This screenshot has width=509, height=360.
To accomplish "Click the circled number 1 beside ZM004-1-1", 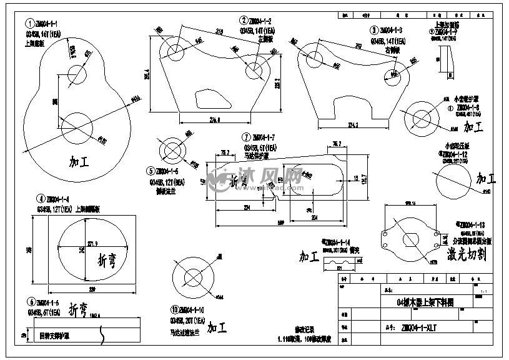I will coord(29,23).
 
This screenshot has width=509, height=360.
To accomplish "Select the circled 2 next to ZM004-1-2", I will coord(243,21).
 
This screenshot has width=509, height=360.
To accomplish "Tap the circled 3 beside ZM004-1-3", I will coord(374,29).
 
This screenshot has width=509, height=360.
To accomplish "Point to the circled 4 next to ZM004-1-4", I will coord(40,199).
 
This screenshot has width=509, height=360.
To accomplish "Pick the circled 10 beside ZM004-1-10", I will coord(174,310).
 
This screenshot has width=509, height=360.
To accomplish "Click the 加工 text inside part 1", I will coord(80,161).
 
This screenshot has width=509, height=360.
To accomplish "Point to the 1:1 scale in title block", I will coord(484,291).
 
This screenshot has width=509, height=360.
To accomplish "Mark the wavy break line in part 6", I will coord(102,336).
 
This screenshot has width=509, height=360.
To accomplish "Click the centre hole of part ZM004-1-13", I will coord(412,239).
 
